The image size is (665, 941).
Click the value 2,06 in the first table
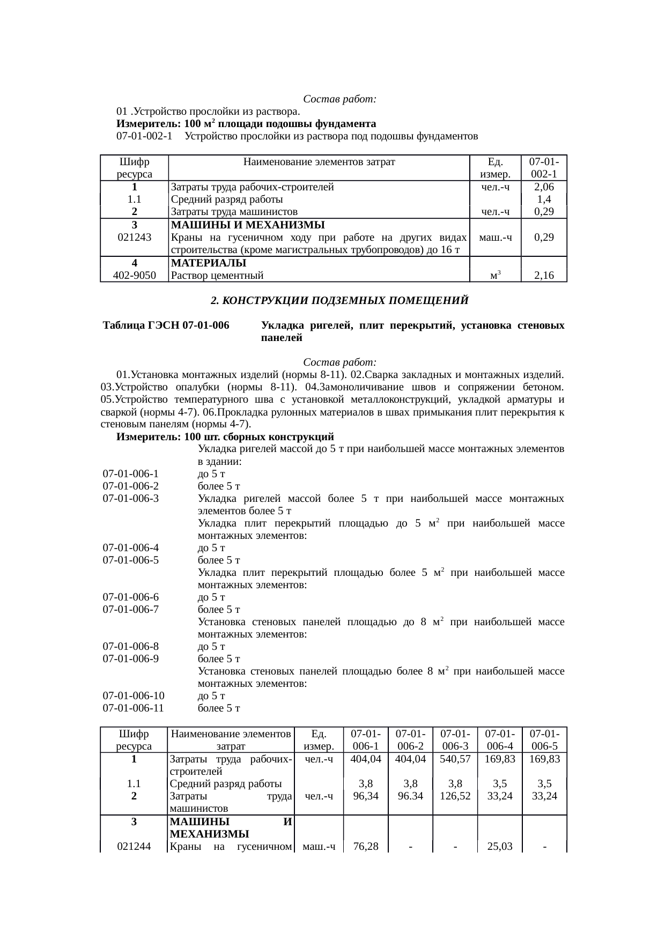544,187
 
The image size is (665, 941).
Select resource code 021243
134,237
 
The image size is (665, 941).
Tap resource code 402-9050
134,276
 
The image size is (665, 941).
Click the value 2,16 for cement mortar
544,276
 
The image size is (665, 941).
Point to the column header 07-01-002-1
544,167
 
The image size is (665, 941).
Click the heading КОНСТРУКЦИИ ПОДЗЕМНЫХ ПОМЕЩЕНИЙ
339,301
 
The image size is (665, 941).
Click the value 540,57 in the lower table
455,759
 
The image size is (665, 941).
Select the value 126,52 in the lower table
455,796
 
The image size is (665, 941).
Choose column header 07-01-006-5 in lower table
544,739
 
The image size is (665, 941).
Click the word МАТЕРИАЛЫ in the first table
208,263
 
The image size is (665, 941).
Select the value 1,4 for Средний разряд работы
544,199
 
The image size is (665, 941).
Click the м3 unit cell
495,276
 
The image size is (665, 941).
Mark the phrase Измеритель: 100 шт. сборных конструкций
225,437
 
